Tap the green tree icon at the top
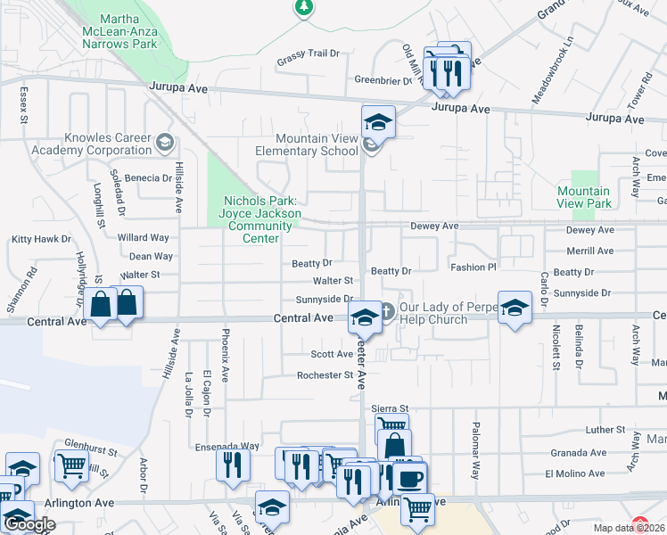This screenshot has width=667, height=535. tap(304, 7)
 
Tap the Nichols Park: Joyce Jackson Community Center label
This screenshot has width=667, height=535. tap(259, 219)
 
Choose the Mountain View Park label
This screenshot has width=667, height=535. tap(584, 197)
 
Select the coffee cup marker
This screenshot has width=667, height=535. tap(409, 478)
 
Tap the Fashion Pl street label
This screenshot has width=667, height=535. tap(473, 267)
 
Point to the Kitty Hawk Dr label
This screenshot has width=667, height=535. tap(41, 239)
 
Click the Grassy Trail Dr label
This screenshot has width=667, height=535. tap(309, 53)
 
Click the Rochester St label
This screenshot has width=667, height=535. tap(325, 375)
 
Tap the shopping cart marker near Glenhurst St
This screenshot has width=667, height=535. tap(71, 465)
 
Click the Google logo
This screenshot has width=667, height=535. tap(29, 525)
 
